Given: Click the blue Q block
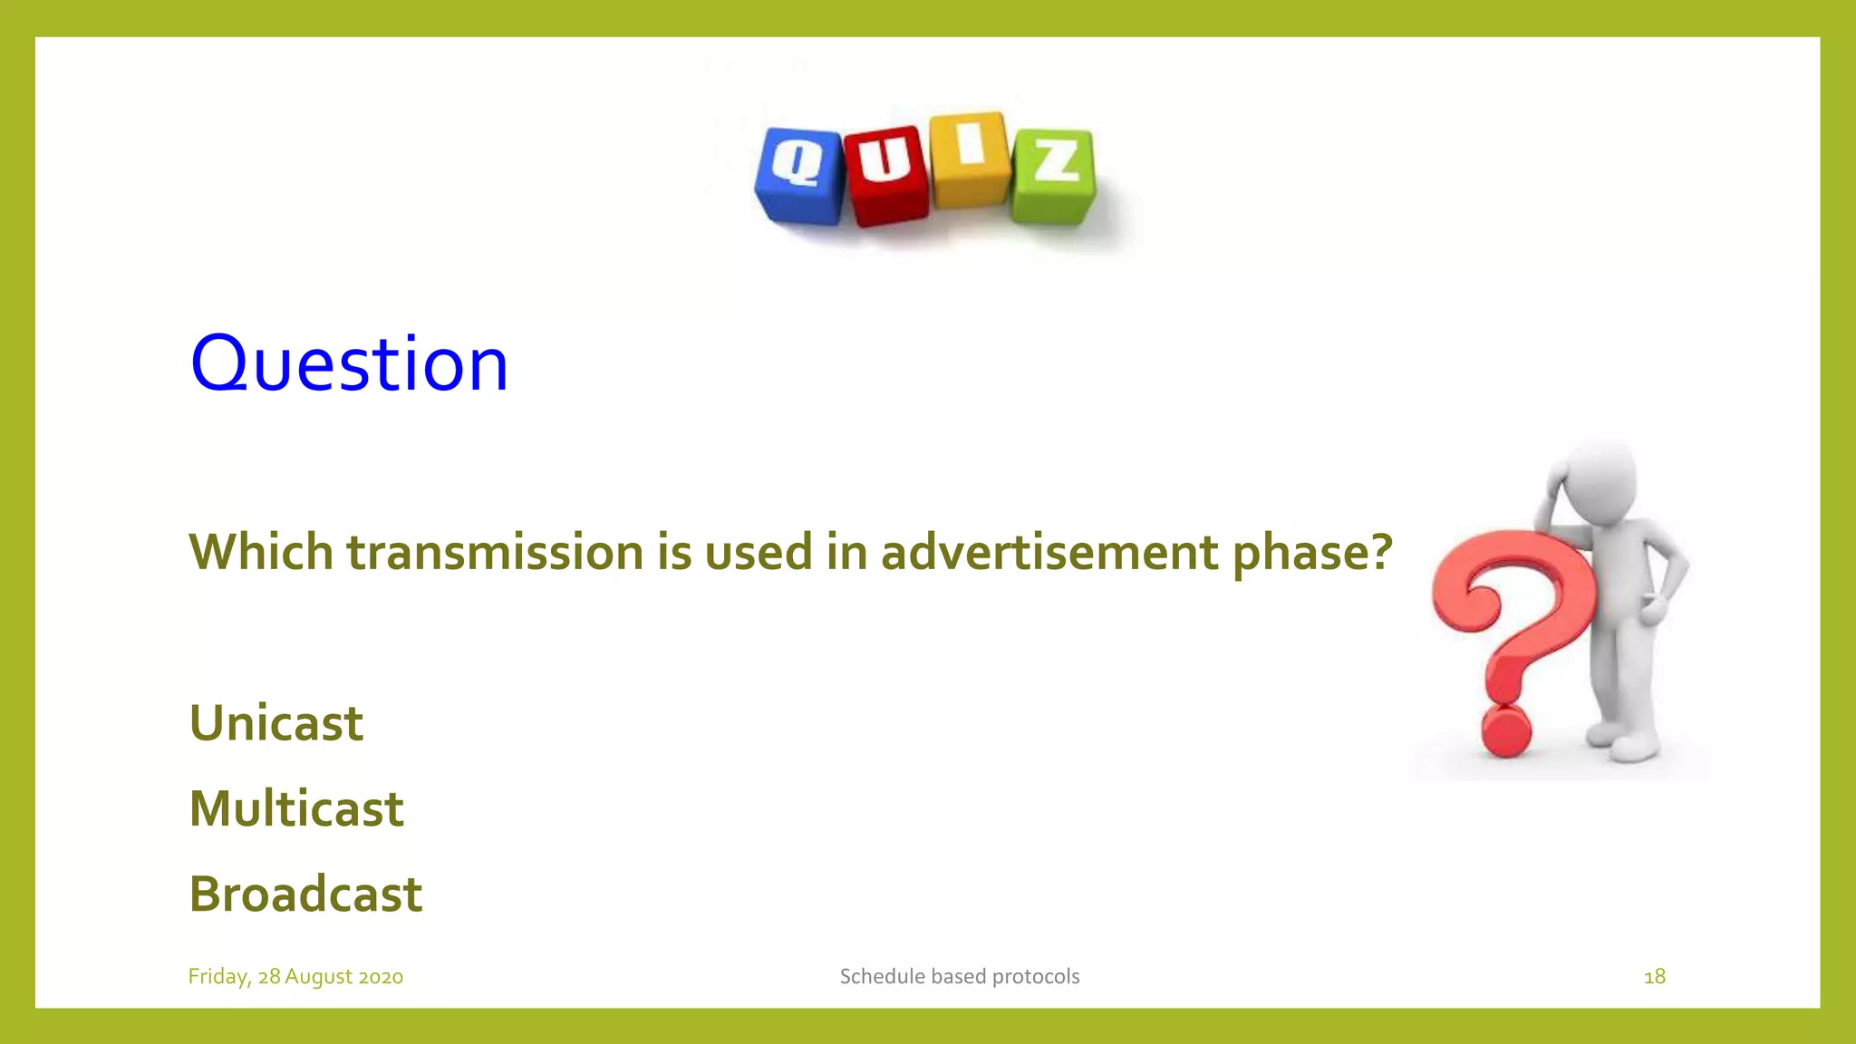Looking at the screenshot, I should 799,175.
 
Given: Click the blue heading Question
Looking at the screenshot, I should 349,363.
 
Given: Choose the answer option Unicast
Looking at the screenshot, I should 275,723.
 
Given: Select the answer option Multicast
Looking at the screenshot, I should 296,808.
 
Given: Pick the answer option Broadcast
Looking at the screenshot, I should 305,894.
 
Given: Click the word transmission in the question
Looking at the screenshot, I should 495,552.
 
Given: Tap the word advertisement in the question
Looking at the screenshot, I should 1049,552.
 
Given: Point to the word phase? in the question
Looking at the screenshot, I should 1311,554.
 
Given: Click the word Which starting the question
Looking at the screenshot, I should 261,552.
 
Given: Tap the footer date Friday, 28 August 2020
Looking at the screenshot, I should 295,976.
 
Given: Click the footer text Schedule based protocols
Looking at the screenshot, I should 960,976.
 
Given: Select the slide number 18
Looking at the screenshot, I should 1654,976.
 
